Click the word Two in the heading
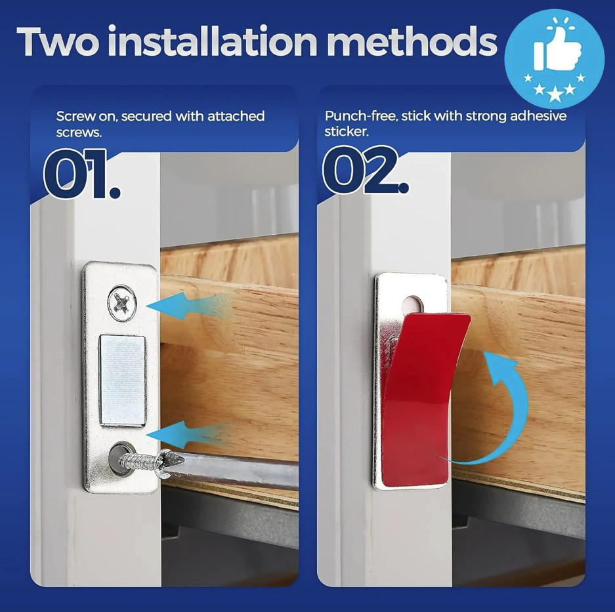coord(58,41)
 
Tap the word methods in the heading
coord(412,41)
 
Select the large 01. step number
coord(81,173)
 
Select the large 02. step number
coord(366,169)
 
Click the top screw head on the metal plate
coord(122,303)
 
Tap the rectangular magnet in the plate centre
coord(123,380)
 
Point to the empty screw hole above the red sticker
coord(412,304)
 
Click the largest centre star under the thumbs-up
coord(555,94)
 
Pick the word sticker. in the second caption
coord(347,132)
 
